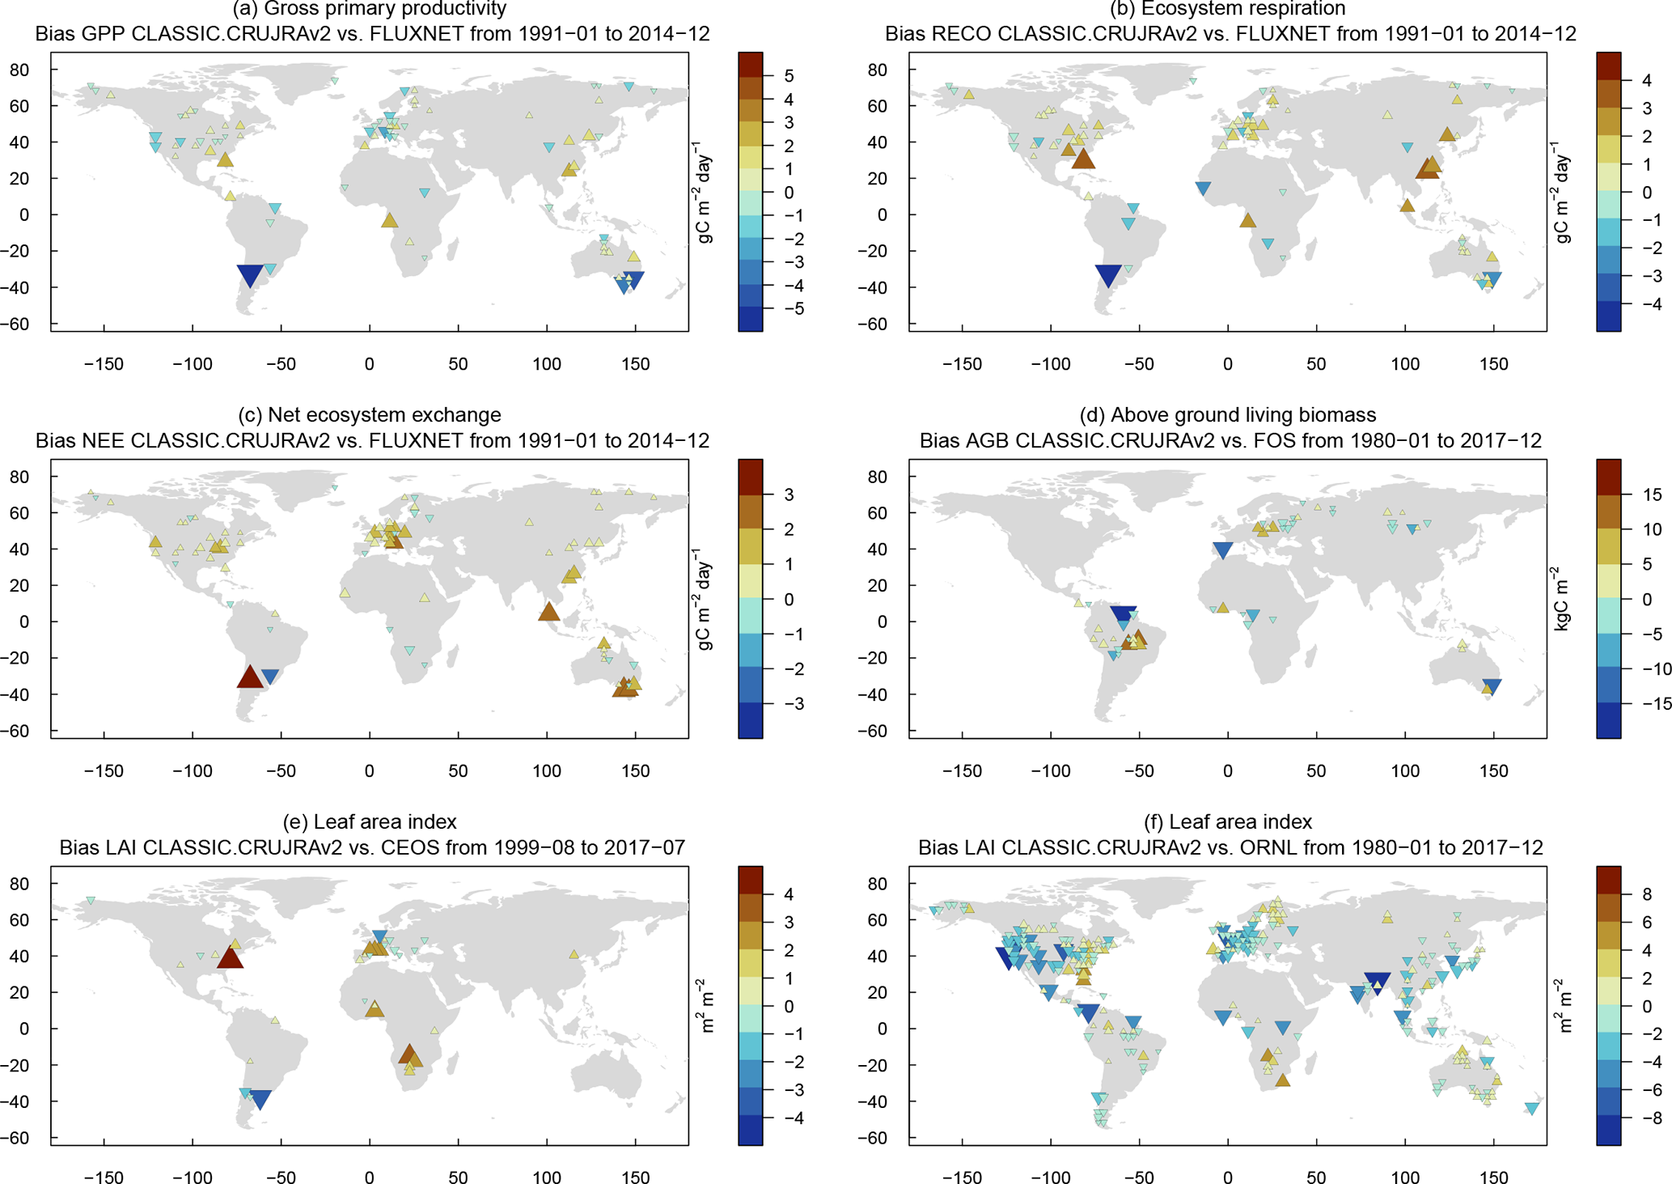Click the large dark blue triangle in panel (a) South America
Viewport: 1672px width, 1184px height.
click(x=250, y=275)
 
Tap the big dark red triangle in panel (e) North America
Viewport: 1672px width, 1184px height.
click(x=230, y=957)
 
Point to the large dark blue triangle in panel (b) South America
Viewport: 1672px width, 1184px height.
click(x=1108, y=275)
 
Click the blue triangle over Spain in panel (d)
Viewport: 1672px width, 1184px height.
click(x=1222, y=550)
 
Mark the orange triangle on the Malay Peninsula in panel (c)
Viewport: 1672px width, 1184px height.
click(x=548, y=612)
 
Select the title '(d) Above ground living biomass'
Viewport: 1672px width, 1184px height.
click(x=1227, y=415)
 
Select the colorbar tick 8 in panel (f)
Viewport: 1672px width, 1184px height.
click(x=1646, y=894)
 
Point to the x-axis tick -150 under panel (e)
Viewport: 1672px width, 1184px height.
click(x=104, y=1177)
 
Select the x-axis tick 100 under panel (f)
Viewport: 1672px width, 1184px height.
click(x=1405, y=1177)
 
